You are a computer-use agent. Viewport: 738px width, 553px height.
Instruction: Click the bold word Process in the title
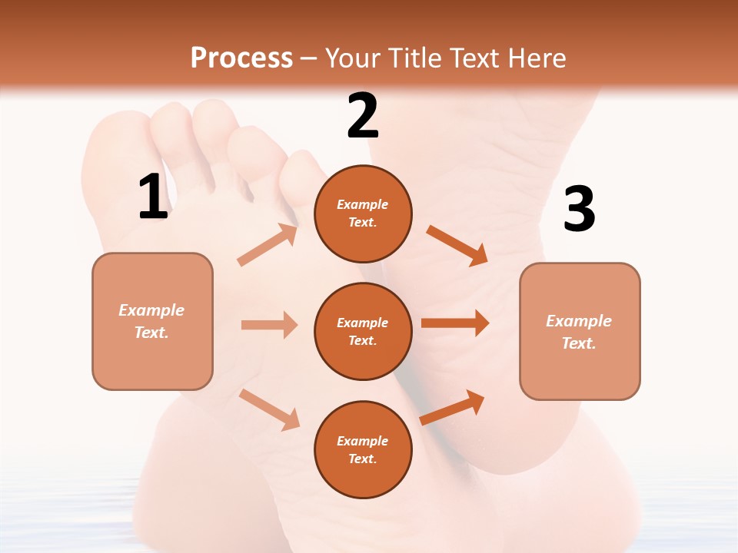coord(241,58)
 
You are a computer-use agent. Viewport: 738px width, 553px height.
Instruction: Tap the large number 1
coord(153,197)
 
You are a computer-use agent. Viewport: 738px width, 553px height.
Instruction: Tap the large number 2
coord(363,117)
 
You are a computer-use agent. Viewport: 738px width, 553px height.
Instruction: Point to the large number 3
coord(579,210)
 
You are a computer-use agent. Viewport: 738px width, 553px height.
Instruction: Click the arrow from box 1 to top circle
coord(268,245)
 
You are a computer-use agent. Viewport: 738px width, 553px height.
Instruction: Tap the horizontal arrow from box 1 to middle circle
coord(269,325)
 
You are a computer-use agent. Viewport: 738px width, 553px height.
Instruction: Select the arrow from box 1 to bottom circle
coord(269,409)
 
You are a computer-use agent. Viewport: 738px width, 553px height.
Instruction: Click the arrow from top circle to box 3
coord(457,245)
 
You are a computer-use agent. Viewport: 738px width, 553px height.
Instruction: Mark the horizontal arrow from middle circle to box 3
coord(454,323)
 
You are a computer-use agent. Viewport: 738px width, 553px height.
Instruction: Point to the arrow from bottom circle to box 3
coord(452,408)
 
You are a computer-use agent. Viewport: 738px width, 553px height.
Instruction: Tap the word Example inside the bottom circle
coord(362,441)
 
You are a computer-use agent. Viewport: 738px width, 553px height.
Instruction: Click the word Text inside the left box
coord(151,333)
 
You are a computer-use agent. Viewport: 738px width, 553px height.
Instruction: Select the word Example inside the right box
coord(579,321)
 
